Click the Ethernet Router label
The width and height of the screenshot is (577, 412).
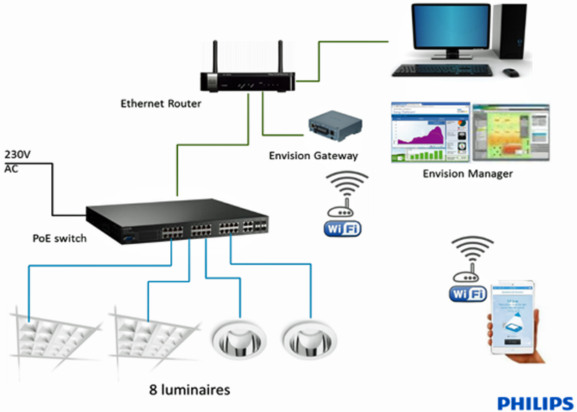(x=160, y=104)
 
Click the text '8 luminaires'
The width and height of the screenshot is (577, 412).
(x=190, y=390)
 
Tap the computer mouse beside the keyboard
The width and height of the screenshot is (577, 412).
(x=511, y=72)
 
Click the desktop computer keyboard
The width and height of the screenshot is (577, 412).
(x=443, y=70)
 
